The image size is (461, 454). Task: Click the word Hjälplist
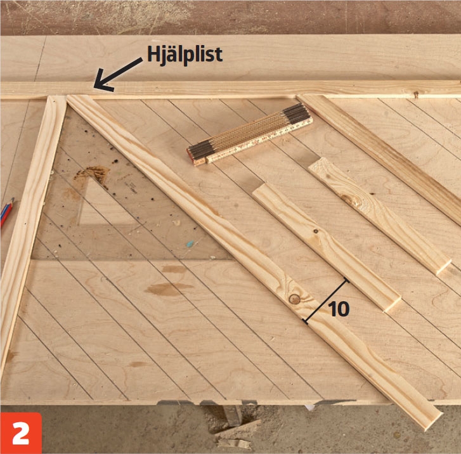coord(185,55)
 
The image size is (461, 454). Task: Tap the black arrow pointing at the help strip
coord(117,74)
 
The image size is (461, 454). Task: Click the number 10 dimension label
coord(339,309)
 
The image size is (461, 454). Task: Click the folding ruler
coord(249,135)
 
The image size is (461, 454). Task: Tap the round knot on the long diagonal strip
coord(294,299)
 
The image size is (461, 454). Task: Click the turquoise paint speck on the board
coord(190,243)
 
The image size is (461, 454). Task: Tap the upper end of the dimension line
coord(347,281)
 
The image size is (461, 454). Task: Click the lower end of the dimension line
coord(306,322)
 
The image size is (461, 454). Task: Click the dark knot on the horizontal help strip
coord(416,94)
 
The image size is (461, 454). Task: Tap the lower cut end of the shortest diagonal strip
coord(443,267)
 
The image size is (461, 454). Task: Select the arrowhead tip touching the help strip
coord(94,87)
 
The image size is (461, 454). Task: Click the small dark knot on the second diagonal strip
coord(315,231)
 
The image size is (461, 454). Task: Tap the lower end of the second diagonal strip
coord(393,305)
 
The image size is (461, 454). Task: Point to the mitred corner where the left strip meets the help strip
coord(56,98)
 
